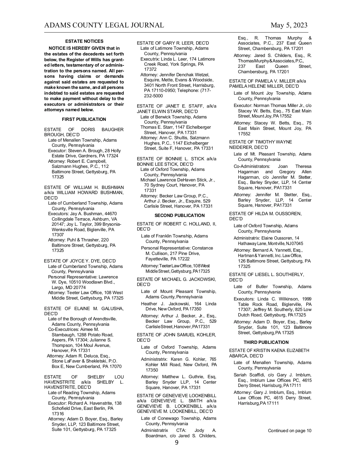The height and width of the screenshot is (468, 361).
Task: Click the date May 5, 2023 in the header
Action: (289, 25)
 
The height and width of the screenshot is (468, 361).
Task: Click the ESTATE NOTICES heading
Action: (84, 41)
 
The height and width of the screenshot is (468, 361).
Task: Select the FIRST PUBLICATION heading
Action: (84, 119)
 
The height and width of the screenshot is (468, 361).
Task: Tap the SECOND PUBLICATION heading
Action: (179, 215)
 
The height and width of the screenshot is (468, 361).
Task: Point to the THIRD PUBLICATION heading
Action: (266, 342)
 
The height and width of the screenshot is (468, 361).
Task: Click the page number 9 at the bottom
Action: (177, 442)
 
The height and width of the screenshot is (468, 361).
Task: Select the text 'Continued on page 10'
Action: (289, 431)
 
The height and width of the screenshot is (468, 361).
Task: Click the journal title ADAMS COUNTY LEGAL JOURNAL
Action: (104, 25)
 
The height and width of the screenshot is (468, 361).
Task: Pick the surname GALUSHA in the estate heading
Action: (113, 308)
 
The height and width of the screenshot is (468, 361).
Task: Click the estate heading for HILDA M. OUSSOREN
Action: (265, 214)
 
